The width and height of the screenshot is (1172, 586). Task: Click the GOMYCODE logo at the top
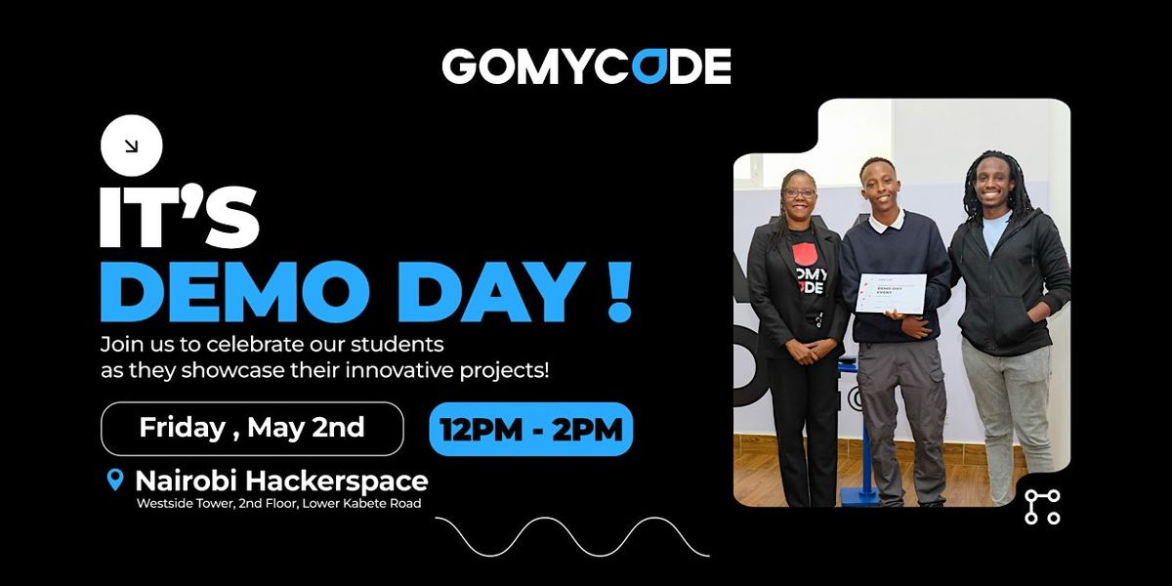tap(586, 66)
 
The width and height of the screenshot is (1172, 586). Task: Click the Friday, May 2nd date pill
tap(252, 428)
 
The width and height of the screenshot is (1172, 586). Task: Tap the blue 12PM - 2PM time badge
tap(530, 429)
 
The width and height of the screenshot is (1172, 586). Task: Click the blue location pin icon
tap(115, 481)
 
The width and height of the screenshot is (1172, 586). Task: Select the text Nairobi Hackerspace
tap(281, 481)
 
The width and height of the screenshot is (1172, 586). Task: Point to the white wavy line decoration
tap(571, 536)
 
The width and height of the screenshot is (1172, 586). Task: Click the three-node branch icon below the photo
tap(1042, 507)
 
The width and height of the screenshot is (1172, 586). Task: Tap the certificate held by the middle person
tap(890, 293)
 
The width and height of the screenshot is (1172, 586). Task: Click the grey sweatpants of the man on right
tap(1007, 410)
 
